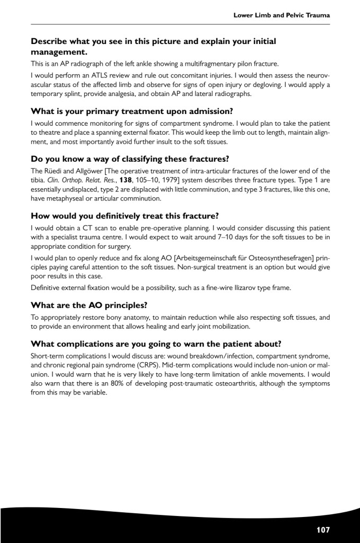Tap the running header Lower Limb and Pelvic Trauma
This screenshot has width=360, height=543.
[282, 15]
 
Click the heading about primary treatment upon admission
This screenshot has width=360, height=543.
[132, 111]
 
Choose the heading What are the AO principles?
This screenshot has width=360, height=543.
[89, 305]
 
